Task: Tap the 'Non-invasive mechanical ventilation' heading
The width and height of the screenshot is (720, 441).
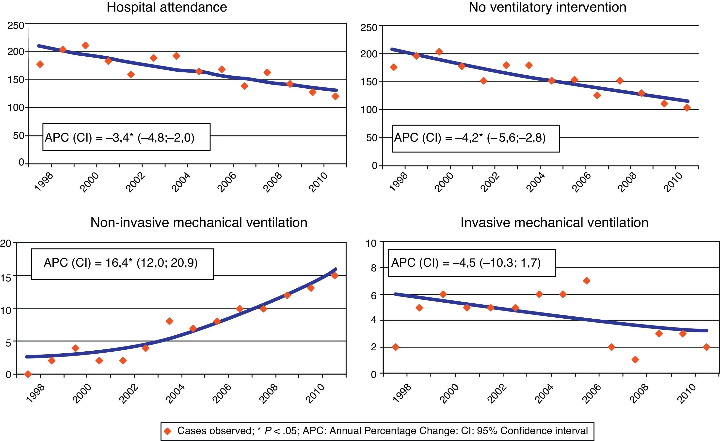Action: tap(199, 223)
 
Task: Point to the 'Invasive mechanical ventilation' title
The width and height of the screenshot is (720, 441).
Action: tap(554, 223)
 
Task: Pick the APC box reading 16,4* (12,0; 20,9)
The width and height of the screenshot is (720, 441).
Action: tap(122, 264)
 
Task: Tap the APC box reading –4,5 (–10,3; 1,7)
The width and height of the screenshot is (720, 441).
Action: tap(471, 263)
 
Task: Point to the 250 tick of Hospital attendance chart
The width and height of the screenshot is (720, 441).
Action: tap(16, 26)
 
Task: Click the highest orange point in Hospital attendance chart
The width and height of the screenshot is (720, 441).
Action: tap(85, 45)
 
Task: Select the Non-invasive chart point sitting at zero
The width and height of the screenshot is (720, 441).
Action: tap(28, 374)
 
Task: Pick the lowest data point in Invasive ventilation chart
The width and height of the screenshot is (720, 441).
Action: tap(635, 360)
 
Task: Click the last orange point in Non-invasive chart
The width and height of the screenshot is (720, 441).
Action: tap(335, 276)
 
